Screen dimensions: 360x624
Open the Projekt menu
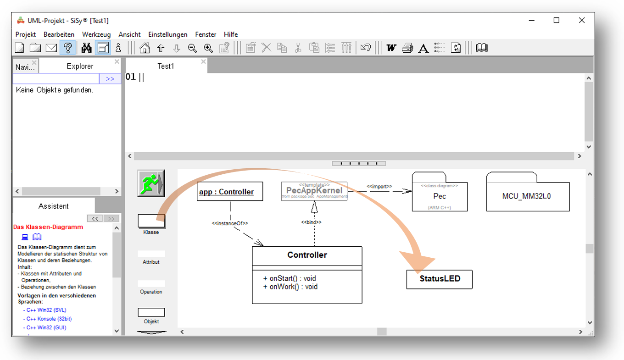[26, 34]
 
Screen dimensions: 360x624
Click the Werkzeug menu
[96, 34]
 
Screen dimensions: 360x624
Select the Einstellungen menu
[167, 34]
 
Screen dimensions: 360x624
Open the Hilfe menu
[231, 34]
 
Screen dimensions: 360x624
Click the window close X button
[582, 20]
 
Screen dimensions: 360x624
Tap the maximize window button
[557, 20]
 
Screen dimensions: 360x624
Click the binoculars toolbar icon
[86, 48]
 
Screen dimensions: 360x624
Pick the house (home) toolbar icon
[145, 48]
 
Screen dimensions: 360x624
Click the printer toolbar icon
[407, 48]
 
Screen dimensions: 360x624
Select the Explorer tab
[80, 66]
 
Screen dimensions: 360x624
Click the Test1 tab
[166, 66]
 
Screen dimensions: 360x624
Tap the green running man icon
[151, 183]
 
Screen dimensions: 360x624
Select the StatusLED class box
[440, 279]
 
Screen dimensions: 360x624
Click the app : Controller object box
[230, 192]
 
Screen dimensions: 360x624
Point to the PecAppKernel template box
[314, 191]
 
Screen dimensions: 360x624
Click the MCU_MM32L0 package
[528, 196]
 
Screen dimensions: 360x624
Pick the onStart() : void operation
[290, 278]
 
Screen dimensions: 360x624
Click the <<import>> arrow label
[379, 187]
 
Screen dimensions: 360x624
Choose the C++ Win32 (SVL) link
[46, 310]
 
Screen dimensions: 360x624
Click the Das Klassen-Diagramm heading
[48, 227]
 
